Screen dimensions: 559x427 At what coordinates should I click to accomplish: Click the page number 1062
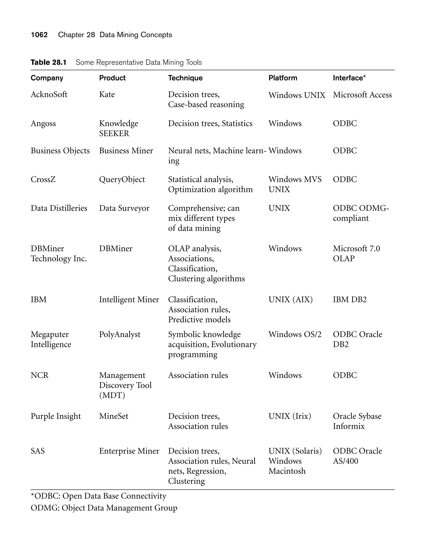coord(39,35)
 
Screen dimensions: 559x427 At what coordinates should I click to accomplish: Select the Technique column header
coord(185,78)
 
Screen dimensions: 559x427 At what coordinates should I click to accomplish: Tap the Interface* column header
coord(349,78)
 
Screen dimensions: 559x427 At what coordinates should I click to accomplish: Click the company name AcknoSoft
coord(49,94)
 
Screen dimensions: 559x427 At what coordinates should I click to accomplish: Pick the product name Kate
coord(107,94)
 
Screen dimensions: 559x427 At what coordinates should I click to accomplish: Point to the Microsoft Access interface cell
coord(362,95)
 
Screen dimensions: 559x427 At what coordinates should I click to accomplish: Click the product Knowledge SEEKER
coord(118,128)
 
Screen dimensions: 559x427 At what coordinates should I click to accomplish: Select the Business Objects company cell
coord(60,151)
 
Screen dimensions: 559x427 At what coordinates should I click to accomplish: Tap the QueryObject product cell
coord(122,180)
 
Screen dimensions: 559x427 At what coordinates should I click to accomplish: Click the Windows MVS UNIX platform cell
coord(295,184)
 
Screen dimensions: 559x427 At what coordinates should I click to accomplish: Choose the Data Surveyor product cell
coord(124,208)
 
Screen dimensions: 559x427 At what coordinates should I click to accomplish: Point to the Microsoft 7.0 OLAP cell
coord(356,253)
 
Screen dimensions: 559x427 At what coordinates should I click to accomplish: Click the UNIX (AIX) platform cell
coord(290,299)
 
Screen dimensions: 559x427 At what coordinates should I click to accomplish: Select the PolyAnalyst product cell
coord(119,334)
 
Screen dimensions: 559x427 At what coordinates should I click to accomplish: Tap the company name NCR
coord(39,375)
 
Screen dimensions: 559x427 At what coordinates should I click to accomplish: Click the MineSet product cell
coord(114,416)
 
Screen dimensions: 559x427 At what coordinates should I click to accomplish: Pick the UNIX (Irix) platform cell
coord(289,416)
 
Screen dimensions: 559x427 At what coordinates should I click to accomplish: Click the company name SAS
coord(38,451)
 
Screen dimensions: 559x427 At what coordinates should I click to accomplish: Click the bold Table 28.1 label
coord(48,62)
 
